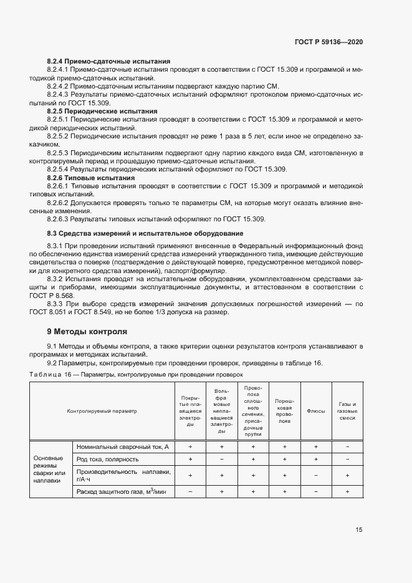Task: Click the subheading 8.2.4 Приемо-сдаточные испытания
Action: click(x=109, y=62)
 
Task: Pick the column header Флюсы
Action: click(x=316, y=410)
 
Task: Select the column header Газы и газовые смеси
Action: click(x=347, y=411)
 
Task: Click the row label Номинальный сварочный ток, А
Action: click(x=123, y=447)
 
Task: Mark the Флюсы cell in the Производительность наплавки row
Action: click(x=316, y=475)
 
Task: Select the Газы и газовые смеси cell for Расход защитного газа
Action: click(x=347, y=493)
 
